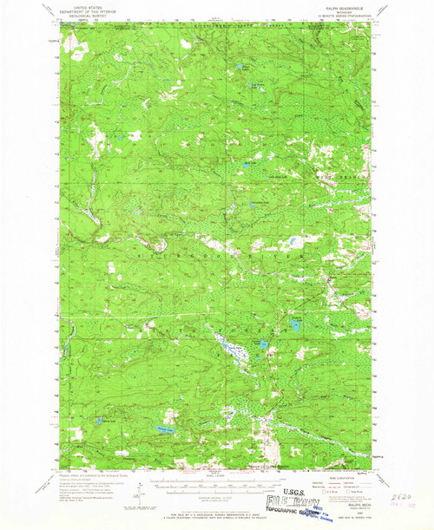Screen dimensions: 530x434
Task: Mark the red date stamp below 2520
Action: [x=403, y=503]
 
